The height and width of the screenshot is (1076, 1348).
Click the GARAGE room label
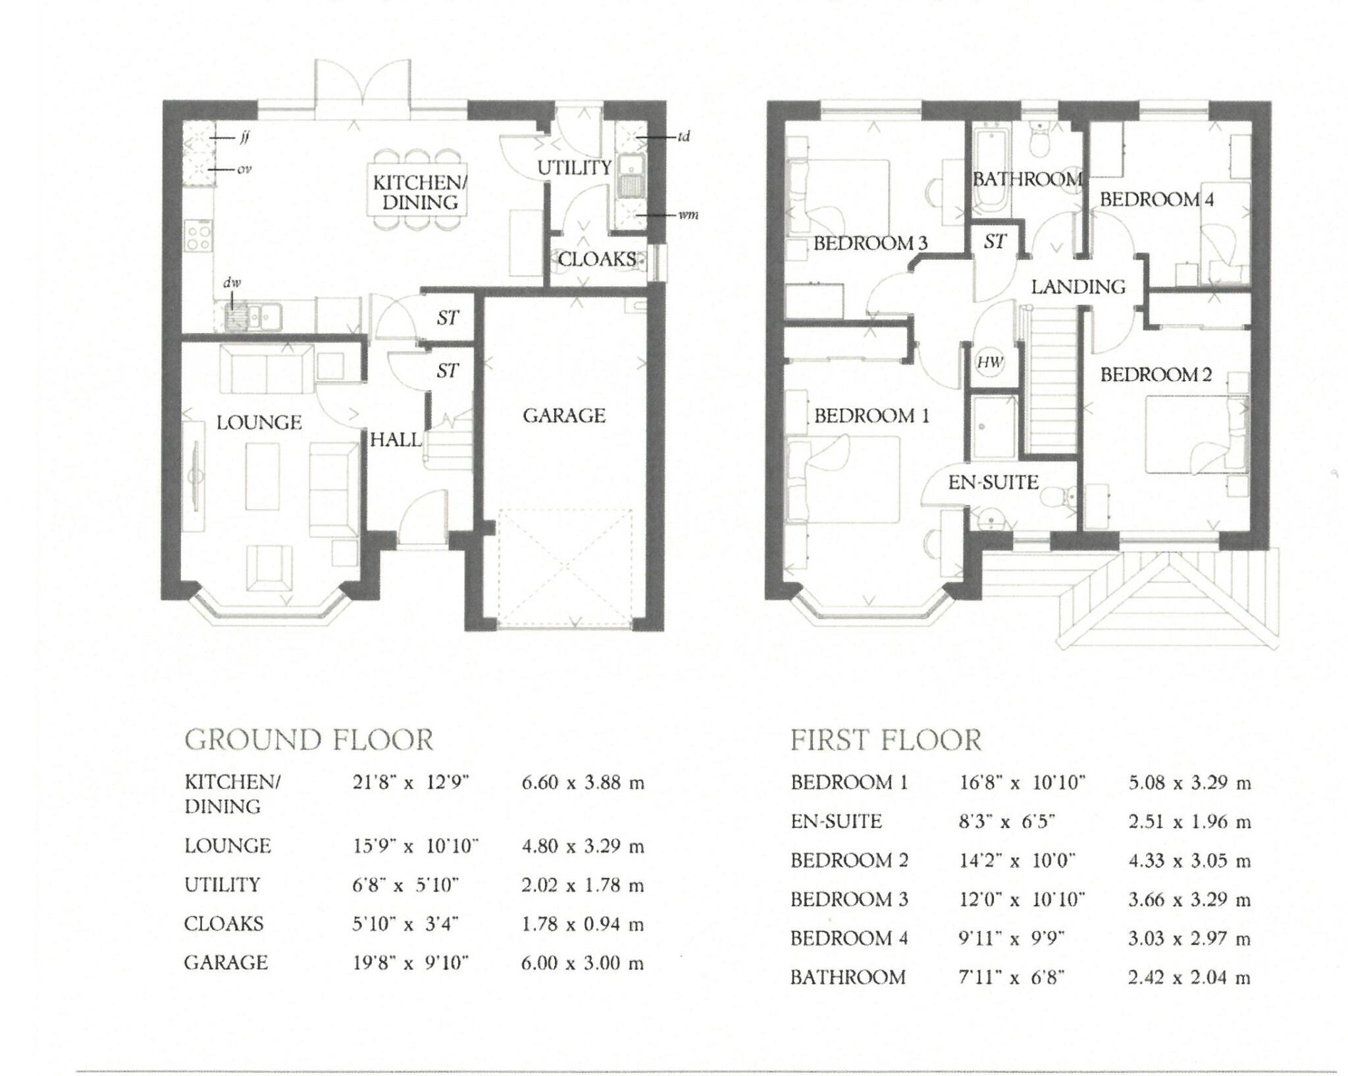[x=564, y=416]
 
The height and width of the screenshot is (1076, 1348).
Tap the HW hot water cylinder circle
[x=989, y=362]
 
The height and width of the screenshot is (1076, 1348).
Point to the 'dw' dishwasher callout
[x=232, y=283]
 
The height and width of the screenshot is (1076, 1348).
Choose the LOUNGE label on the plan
[x=259, y=423]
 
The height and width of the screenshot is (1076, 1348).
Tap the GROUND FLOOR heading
[x=309, y=740]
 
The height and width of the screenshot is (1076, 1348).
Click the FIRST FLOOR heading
[x=885, y=740]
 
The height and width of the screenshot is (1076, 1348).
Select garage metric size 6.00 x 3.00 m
[x=582, y=963]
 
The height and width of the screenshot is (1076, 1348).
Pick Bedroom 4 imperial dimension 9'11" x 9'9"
[x=1012, y=938]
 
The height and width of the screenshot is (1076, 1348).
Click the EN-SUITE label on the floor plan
[x=993, y=483]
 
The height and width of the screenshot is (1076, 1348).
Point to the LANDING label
[x=1078, y=287]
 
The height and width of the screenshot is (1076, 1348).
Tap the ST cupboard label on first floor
[x=995, y=242]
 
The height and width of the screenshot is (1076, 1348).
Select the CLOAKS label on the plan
[x=596, y=259]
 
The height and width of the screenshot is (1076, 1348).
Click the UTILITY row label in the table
[x=222, y=885]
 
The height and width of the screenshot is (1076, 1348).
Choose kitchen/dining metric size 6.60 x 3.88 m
[x=582, y=783]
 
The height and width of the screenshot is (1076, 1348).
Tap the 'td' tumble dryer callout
[x=683, y=137]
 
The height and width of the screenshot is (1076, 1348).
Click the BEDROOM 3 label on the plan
[x=870, y=243]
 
